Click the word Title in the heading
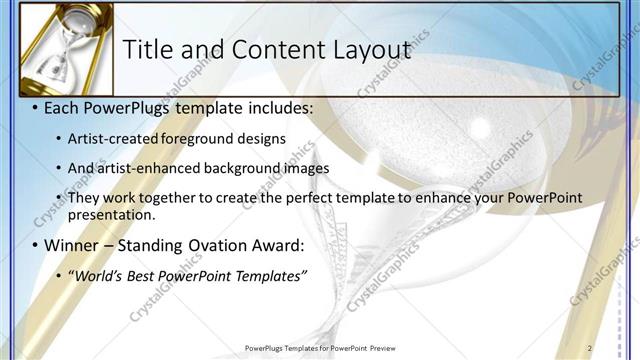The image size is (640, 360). pyautogui.click(x=148, y=50)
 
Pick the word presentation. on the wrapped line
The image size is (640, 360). pyautogui.click(x=112, y=214)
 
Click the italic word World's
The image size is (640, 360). pyautogui.click(x=96, y=275)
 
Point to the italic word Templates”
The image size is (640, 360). pyautogui.click(x=270, y=275)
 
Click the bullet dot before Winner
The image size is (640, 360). pyautogui.click(x=36, y=245)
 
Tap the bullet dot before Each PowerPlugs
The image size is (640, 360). pyautogui.click(x=36, y=106)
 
